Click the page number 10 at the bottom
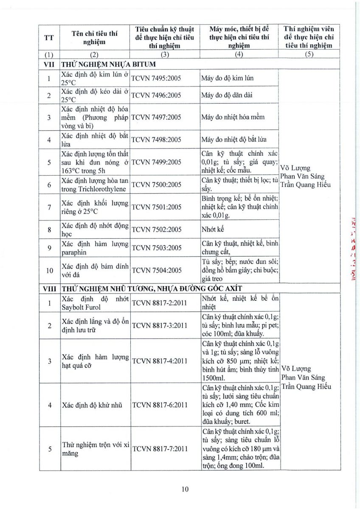coord(185,489)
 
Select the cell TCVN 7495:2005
coord(156,78)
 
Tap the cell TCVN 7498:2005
coord(156,140)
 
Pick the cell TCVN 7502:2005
coord(156,229)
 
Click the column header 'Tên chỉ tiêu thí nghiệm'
coord(94,37)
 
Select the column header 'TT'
coord(49,37)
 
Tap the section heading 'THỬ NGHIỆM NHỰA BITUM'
coord(108,64)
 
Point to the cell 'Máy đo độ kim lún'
coord(228,78)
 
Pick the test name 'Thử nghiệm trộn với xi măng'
coord(94,448)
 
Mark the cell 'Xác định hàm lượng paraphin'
coord(94,248)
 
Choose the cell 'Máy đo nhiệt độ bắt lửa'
coord(234,140)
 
